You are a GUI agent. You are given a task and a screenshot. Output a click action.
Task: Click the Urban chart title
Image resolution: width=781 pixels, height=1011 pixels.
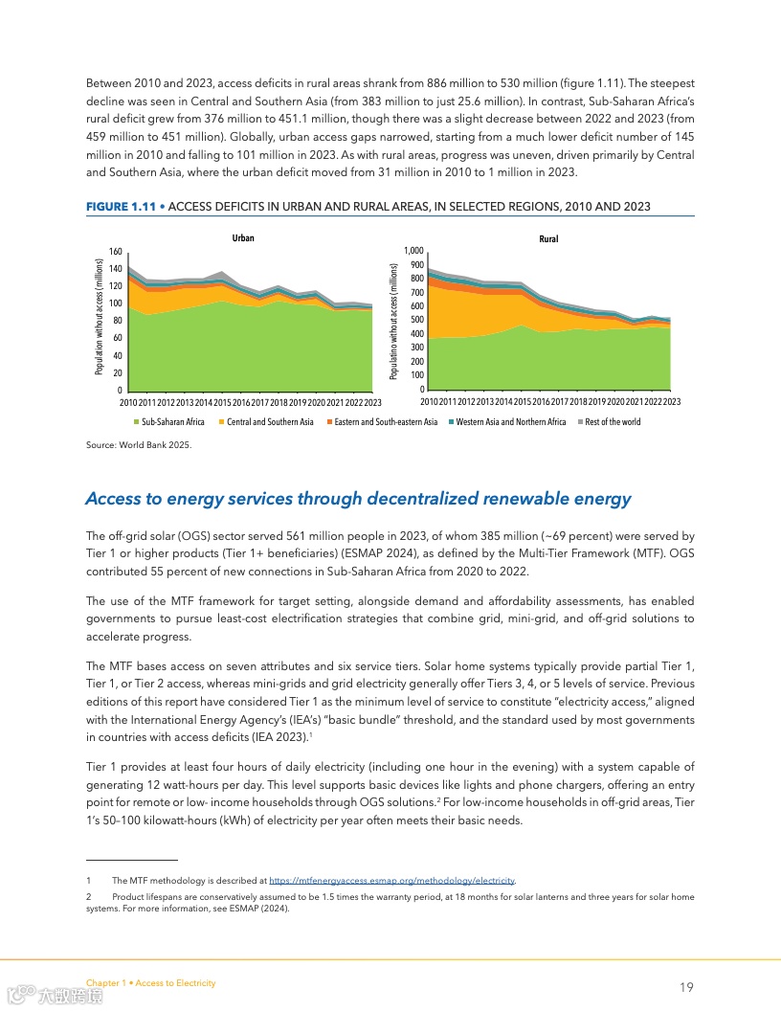point(243,237)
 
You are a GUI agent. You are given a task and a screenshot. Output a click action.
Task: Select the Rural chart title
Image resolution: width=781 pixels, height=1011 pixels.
point(548,238)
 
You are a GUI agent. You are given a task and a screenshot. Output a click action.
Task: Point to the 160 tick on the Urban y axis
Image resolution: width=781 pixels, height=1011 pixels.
point(115,251)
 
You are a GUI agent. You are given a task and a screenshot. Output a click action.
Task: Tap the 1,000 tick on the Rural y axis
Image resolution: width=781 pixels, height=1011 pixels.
point(414,251)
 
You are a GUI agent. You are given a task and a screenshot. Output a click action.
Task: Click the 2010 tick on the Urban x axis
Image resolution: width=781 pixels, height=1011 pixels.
point(128,402)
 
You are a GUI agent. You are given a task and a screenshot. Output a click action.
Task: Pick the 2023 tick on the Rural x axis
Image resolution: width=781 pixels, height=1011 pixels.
point(672,402)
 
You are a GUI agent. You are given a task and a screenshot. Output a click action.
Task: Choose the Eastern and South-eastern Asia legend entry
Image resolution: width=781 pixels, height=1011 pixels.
point(381,422)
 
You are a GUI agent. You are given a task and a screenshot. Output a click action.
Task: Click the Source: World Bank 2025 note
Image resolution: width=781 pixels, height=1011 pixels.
point(132,444)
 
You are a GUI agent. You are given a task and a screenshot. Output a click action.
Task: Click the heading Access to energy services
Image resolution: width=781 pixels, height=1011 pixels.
point(358,498)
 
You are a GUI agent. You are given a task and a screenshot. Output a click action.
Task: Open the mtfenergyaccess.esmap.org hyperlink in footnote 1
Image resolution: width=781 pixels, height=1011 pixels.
point(392,880)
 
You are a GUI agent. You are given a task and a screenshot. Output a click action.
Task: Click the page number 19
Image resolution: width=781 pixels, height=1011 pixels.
point(686,987)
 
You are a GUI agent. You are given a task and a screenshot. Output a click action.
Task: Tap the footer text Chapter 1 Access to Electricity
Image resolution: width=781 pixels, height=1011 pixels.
point(150,983)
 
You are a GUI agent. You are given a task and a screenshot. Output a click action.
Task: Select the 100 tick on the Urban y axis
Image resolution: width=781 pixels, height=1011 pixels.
point(115,303)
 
